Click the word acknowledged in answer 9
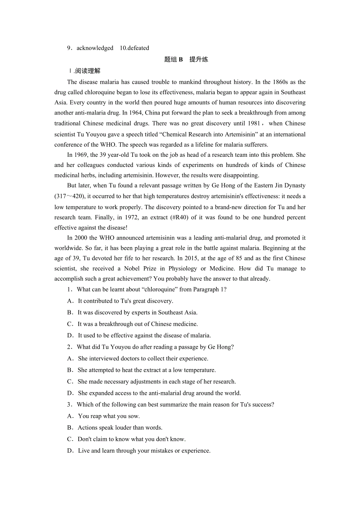point(95,48)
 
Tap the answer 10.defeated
point(134,48)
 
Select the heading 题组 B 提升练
point(186,59)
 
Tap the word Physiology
point(183,269)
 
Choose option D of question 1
point(144,335)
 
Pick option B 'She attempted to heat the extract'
point(146,370)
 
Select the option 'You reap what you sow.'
point(109,416)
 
